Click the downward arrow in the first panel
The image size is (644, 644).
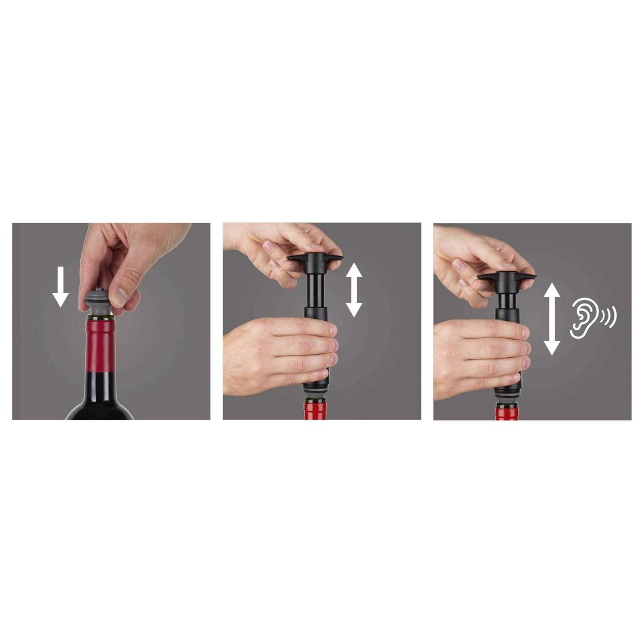pyautogui.click(x=61, y=286)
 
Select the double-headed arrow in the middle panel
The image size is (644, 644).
pyautogui.click(x=354, y=290)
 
